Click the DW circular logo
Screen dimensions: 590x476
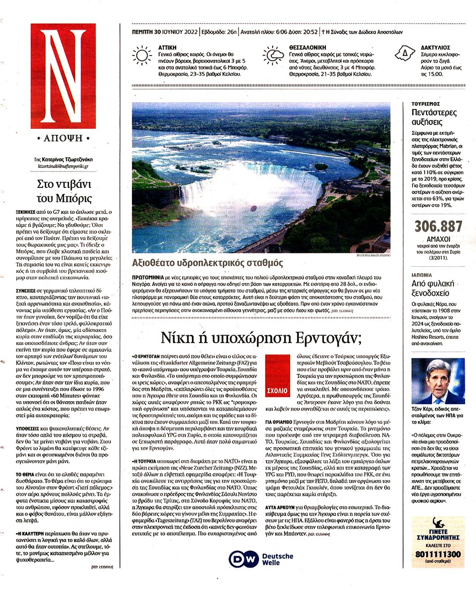click(x=239, y=559)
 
